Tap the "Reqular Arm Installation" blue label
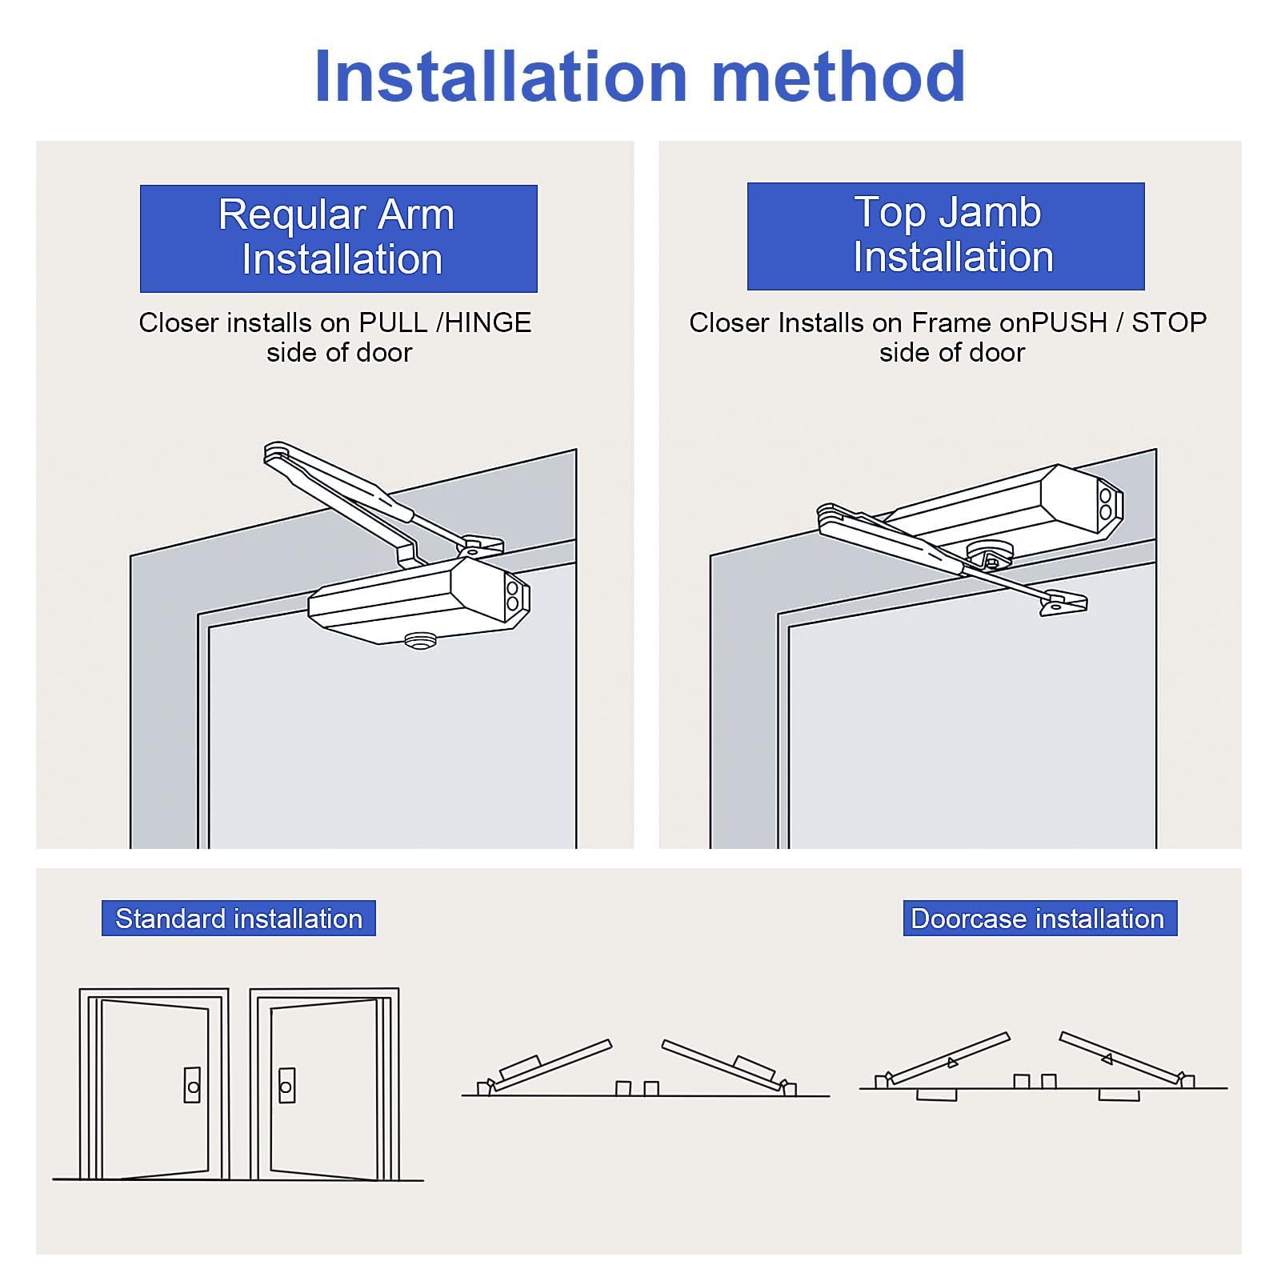338,238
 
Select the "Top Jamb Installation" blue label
946,236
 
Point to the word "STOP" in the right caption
1169,322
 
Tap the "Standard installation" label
238,919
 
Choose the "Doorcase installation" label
1040,919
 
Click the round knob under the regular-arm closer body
420,640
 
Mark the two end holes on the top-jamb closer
1106,502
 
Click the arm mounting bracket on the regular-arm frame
481,546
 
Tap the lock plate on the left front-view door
192,1085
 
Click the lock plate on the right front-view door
286,1085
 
